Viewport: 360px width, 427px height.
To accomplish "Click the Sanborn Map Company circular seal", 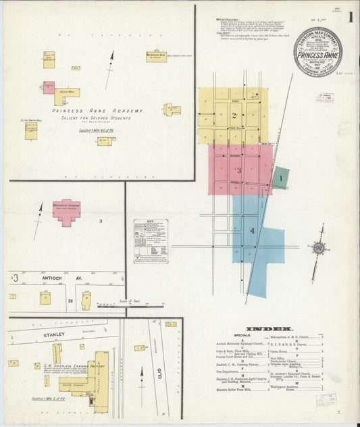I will tap(317, 53).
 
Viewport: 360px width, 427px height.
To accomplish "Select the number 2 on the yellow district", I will tap(234, 115).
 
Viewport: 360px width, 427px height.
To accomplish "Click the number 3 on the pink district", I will tap(238, 170).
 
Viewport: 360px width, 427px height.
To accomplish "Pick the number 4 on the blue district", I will tap(253, 231).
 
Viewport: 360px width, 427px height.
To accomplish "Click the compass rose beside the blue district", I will tap(317, 249).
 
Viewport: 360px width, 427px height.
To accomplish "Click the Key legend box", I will tap(151, 236).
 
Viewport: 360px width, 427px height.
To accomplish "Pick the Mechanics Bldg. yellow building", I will tap(155, 56).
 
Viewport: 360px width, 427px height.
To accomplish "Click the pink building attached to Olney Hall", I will tap(49, 88).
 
